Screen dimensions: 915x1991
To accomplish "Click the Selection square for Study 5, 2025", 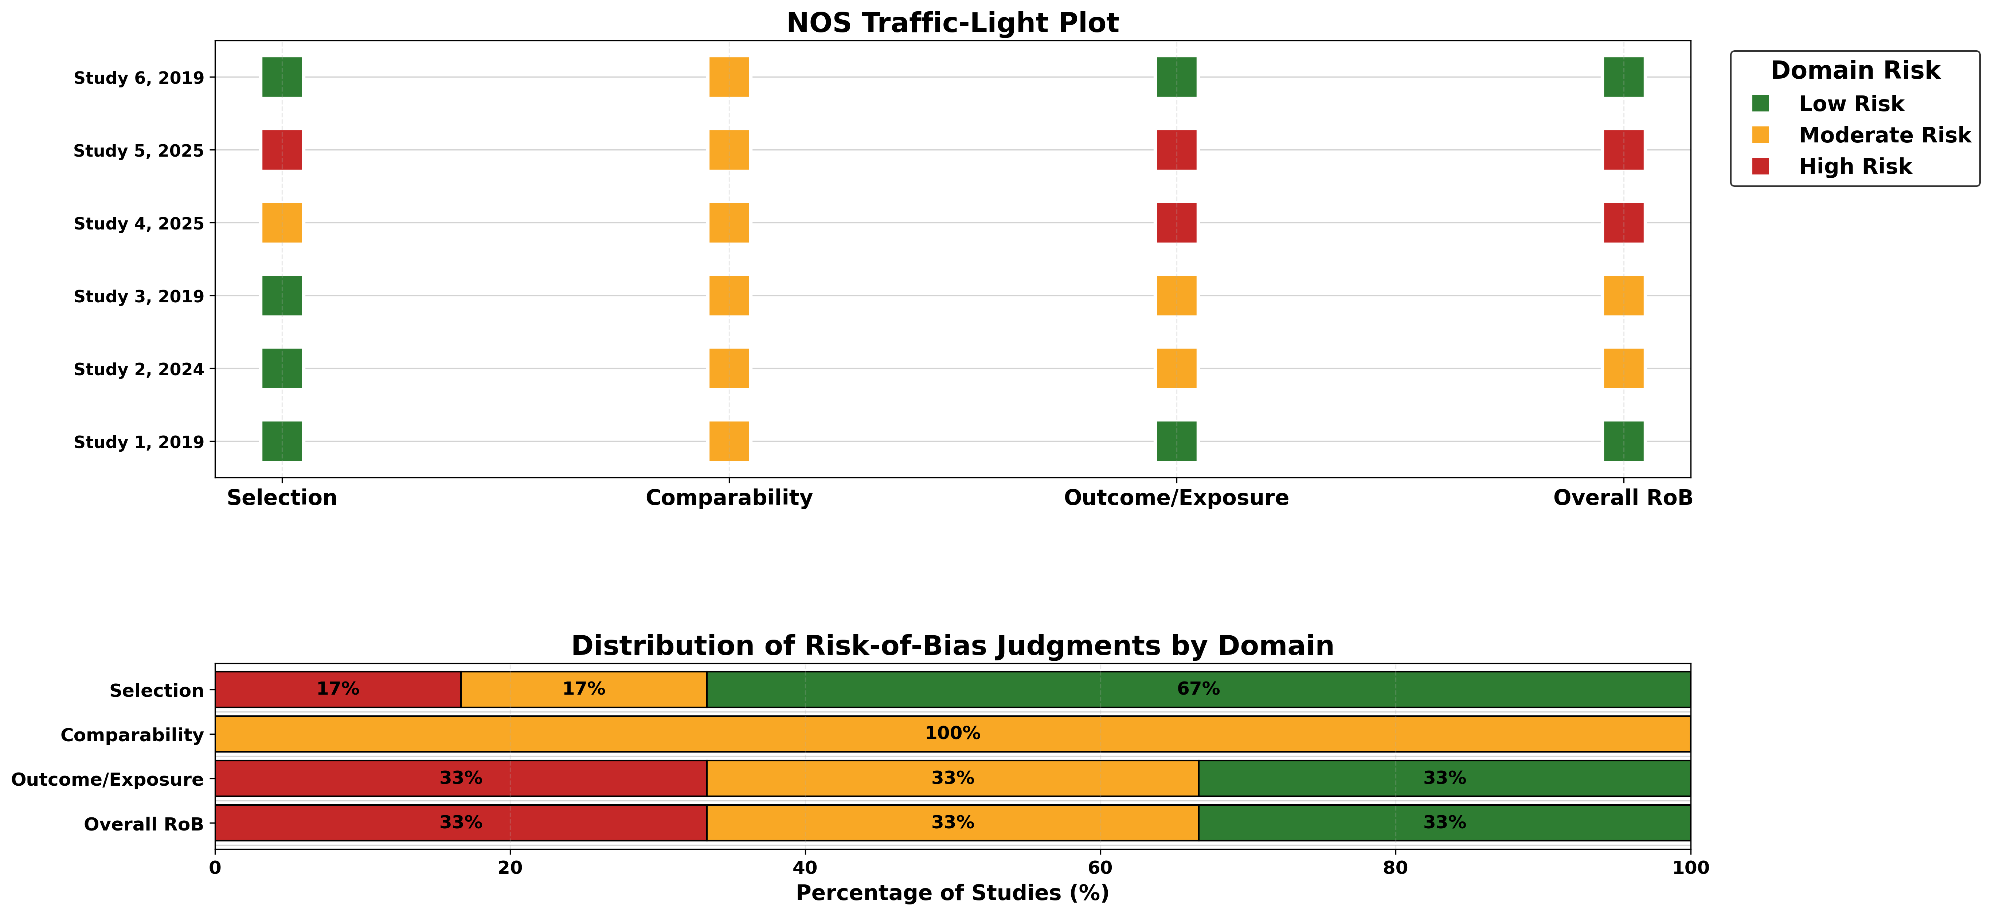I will point(282,150).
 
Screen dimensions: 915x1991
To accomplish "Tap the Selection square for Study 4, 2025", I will point(282,223).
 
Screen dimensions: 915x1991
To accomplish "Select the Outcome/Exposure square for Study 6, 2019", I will point(1176,77).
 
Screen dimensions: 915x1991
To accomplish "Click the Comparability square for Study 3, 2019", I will point(729,295).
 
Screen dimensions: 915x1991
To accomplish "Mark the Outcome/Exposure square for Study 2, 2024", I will point(1176,369).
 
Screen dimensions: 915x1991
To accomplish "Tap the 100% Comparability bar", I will point(952,733).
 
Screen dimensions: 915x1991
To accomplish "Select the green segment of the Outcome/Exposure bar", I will point(1444,778).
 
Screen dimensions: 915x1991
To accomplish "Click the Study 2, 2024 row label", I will point(139,369).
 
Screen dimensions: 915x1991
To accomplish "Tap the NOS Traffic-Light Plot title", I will point(952,23).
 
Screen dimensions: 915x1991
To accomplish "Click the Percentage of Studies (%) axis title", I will point(952,894).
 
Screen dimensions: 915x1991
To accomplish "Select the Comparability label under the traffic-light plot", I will point(729,498).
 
